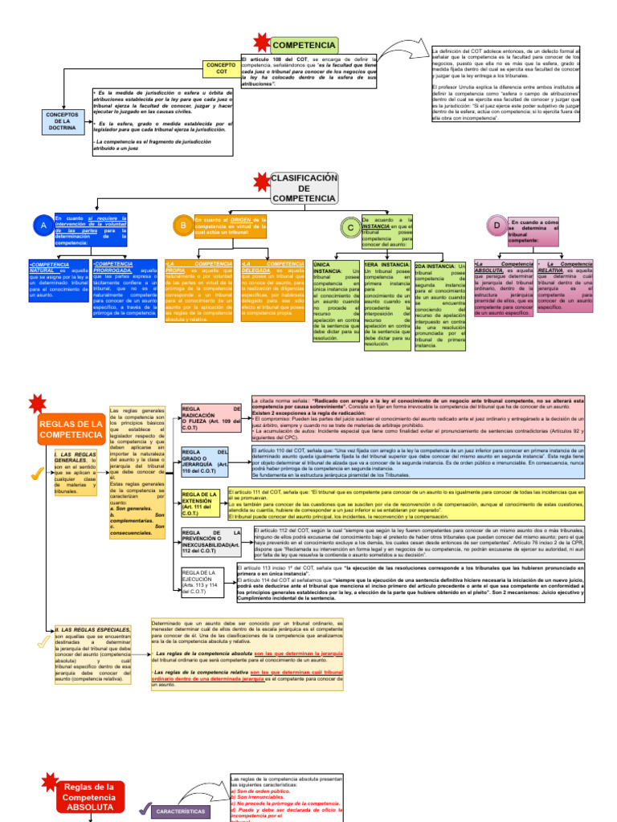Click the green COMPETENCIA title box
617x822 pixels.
(x=304, y=45)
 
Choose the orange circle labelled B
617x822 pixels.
(x=183, y=227)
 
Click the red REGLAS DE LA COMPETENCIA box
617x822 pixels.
(x=71, y=429)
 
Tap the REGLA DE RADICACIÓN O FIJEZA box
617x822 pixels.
(x=210, y=414)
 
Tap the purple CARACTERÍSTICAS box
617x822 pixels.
(x=181, y=811)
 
